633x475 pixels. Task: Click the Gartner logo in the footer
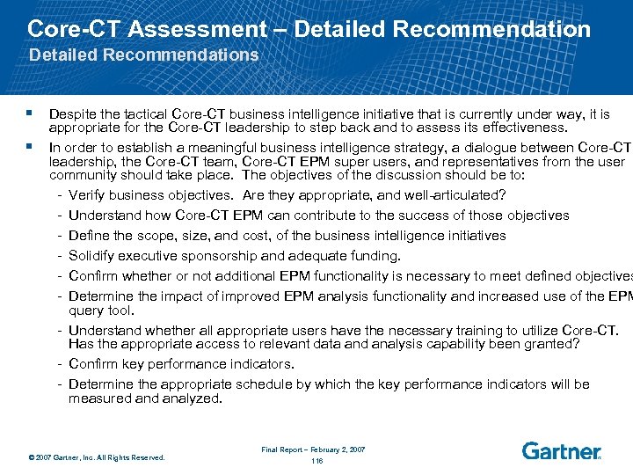click(x=561, y=451)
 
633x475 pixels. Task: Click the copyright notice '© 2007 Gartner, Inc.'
click(x=97, y=457)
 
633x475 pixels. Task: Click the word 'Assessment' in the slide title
click(x=197, y=29)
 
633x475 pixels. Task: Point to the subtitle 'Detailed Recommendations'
click(x=144, y=55)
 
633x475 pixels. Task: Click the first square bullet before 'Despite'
click(x=31, y=113)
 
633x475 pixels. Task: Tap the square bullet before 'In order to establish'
click(x=31, y=146)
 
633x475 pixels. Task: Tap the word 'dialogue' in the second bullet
click(x=486, y=148)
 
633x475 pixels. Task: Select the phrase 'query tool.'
click(x=101, y=310)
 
